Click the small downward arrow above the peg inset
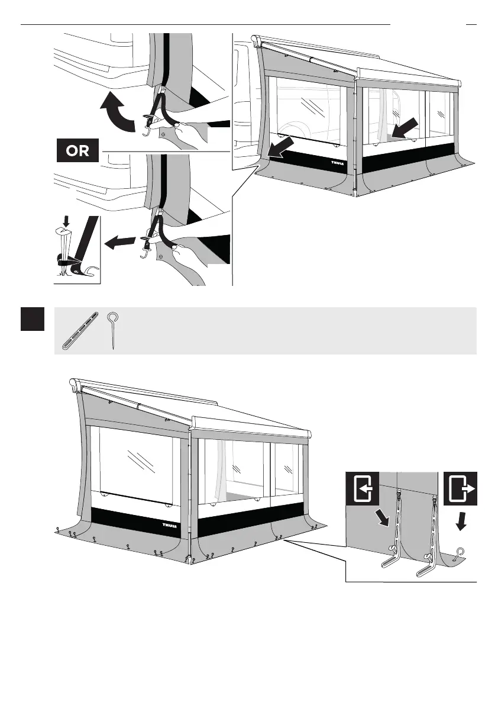[x=65, y=223]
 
